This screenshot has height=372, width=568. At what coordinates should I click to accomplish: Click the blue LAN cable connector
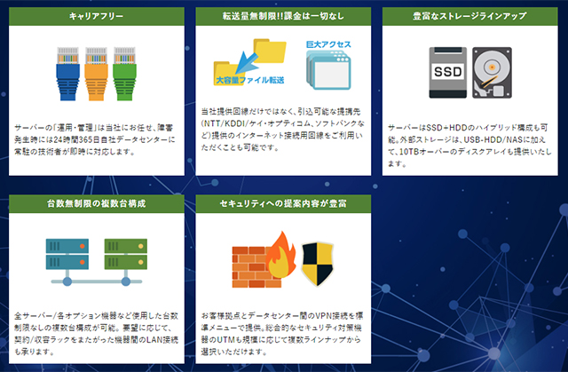[67, 74]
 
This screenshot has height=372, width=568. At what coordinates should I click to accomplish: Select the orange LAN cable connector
[96, 74]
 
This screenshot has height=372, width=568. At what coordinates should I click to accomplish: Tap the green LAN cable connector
[124, 74]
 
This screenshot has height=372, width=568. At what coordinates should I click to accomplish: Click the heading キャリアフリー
[97, 16]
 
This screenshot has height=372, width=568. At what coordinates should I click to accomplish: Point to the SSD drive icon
[447, 73]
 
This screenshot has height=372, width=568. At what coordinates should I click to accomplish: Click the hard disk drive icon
[492, 73]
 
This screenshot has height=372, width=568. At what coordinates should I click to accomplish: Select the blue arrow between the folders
[245, 63]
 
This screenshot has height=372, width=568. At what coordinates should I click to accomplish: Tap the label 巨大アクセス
[328, 44]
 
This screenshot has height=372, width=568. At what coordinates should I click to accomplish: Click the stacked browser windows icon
[328, 70]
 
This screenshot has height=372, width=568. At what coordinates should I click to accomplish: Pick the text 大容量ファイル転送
[250, 80]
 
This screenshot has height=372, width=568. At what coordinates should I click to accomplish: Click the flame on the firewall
[281, 255]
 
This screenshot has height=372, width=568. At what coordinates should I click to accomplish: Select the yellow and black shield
[318, 264]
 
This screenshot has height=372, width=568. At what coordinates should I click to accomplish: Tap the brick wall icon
[254, 267]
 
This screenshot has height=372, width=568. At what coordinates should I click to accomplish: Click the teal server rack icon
[67, 254]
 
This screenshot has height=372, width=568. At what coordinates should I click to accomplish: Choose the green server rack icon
[126, 254]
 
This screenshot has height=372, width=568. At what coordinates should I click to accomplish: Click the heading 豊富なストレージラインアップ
[469, 16]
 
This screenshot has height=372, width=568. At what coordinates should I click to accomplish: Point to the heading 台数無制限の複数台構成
[97, 203]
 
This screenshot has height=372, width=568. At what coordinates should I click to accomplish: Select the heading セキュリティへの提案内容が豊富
[283, 203]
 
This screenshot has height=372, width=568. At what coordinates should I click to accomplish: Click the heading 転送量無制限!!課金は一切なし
[283, 16]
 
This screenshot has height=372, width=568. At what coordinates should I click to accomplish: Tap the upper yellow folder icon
[270, 51]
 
